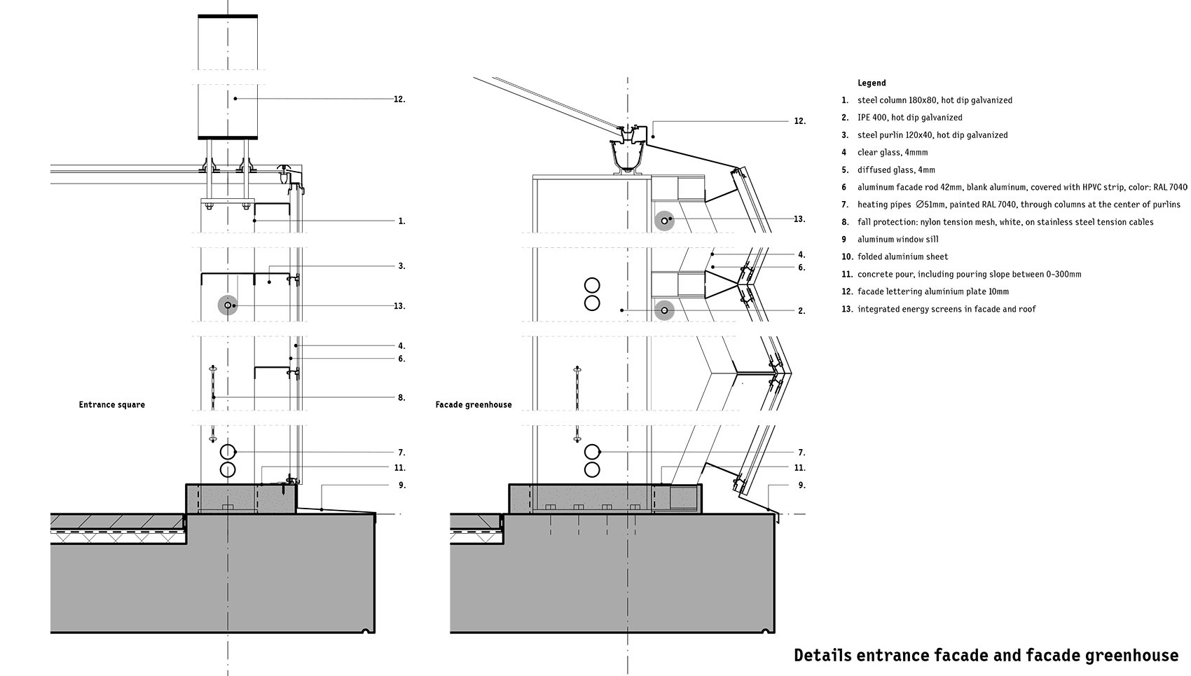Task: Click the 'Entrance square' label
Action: [x=111, y=405]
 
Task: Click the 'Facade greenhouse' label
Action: [x=473, y=405]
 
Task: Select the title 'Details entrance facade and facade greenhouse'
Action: [x=986, y=655]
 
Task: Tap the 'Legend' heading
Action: [x=872, y=83]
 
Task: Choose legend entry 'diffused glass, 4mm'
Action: [x=896, y=170]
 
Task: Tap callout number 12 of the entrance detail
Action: [x=399, y=99]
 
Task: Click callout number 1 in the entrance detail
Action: [x=401, y=221]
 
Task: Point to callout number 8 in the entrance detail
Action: [x=401, y=398]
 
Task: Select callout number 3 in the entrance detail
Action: [x=401, y=266]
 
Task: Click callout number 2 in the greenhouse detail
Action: [x=801, y=311]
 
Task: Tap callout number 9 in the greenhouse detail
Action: [x=801, y=485]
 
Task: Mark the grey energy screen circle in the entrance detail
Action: [x=228, y=305]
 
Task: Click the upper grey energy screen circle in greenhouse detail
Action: [x=664, y=221]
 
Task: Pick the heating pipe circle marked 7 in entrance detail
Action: [x=228, y=452]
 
